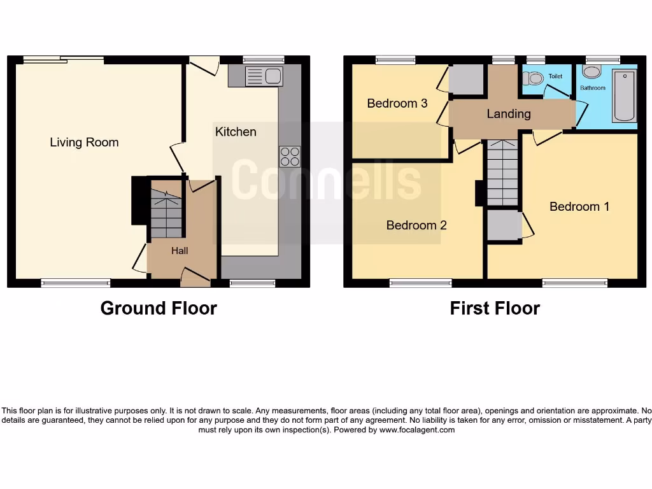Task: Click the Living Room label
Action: [x=84, y=143]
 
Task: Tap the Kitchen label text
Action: [x=236, y=132]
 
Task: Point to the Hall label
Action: [x=180, y=251]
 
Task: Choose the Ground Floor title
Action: [x=159, y=308]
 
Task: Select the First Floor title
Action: [x=495, y=308]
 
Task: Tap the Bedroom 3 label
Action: [x=397, y=103]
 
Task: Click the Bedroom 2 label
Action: [x=416, y=225]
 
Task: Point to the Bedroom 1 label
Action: [x=579, y=206]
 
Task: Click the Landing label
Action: [x=508, y=114]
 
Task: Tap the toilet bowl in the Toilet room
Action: [x=534, y=78]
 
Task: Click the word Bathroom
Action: [x=592, y=88]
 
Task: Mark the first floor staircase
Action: [x=503, y=173]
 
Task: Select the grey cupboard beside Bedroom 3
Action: [x=467, y=78]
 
